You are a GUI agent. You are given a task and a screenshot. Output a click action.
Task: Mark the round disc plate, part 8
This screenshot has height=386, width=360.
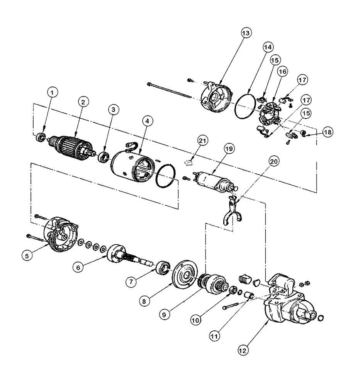tap(185, 275)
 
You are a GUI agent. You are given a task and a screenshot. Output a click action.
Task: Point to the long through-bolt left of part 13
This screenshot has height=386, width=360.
tap(170, 91)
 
